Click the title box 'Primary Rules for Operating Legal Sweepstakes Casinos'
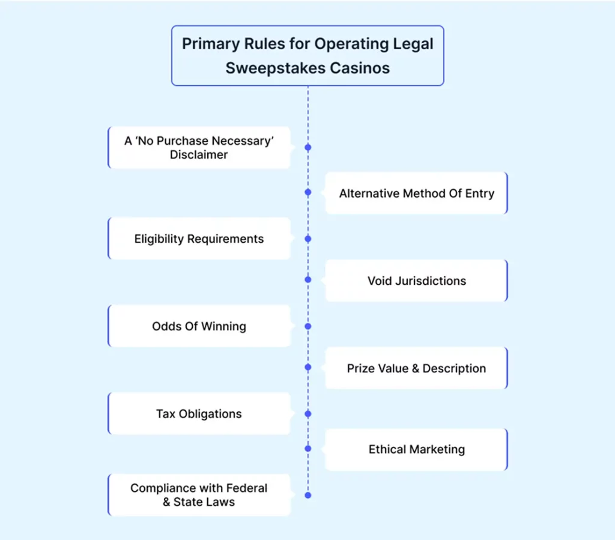[307, 55]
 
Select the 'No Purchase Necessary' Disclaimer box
[199, 147]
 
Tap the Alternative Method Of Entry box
[416, 193]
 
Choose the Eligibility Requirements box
[199, 238]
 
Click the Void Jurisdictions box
[416, 281]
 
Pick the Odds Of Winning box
[199, 326]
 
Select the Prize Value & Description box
[416, 368]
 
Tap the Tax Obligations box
[199, 414]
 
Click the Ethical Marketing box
[416, 449]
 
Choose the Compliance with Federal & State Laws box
[199, 494]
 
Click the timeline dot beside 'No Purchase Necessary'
[308, 147]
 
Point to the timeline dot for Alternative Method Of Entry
[308, 193]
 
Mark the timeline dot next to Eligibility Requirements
[308, 238]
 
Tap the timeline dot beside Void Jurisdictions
[308, 280]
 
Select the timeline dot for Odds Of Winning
[308, 326]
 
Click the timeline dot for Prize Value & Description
[308, 366]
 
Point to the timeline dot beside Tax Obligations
[308, 414]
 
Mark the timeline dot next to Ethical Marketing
[308, 448]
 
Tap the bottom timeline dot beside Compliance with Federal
[308, 496]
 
